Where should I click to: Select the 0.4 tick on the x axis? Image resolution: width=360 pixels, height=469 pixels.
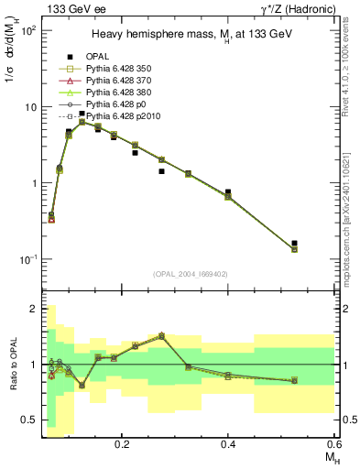click(x=228, y=443)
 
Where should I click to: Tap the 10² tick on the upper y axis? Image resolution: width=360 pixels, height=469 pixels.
click(x=29, y=30)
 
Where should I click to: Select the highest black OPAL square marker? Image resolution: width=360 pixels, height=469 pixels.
click(x=82, y=114)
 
